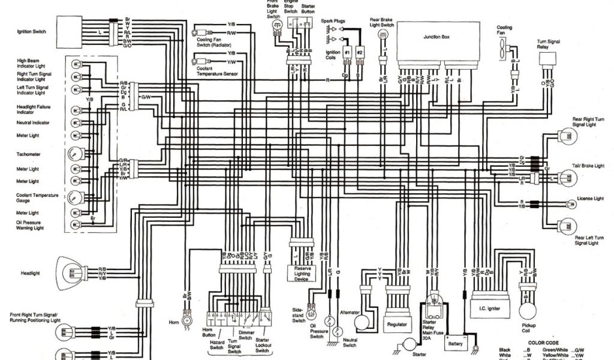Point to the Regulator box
(x=398, y=325)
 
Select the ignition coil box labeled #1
(x=347, y=53)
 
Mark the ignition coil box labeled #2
(x=360, y=53)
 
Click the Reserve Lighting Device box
(x=301, y=273)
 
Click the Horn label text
(x=174, y=322)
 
